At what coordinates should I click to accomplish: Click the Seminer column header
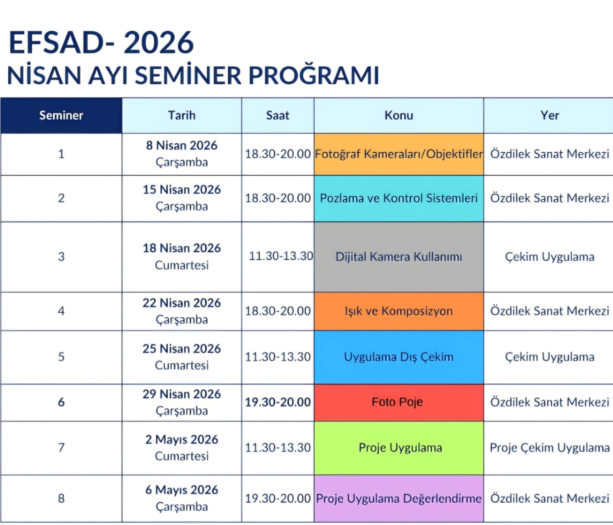click(x=61, y=115)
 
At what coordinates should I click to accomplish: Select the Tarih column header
click(x=182, y=115)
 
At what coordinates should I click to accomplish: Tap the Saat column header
click(x=278, y=115)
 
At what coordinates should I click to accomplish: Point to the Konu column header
click(x=399, y=115)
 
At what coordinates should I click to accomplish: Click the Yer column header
click(x=549, y=115)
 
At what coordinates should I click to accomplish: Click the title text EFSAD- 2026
click(x=101, y=43)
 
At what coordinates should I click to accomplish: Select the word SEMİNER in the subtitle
click(x=188, y=75)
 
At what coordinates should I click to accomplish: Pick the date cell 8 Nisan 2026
click(x=182, y=145)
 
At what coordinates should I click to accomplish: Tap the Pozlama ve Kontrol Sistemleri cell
click(x=399, y=198)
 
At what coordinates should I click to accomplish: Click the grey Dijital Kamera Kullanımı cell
click(x=399, y=257)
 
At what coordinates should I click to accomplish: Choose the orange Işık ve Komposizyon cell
click(x=399, y=311)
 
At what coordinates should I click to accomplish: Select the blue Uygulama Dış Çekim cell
click(x=399, y=357)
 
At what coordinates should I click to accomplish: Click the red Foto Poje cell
click(x=399, y=402)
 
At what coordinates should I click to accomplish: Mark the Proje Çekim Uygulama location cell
click(x=549, y=448)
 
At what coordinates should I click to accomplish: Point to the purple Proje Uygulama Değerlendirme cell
click(x=399, y=498)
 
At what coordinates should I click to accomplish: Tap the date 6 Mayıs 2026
click(x=182, y=490)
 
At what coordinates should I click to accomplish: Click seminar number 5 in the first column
click(x=61, y=357)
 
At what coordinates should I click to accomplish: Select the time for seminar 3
click(x=281, y=256)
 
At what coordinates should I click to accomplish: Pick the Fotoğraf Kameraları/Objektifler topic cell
click(x=399, y=154)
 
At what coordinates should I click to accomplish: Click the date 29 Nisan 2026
click(x=182, y=394)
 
